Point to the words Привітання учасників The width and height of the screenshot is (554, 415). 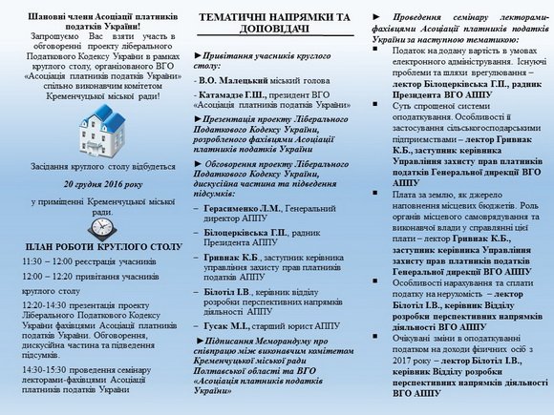point(247,57)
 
